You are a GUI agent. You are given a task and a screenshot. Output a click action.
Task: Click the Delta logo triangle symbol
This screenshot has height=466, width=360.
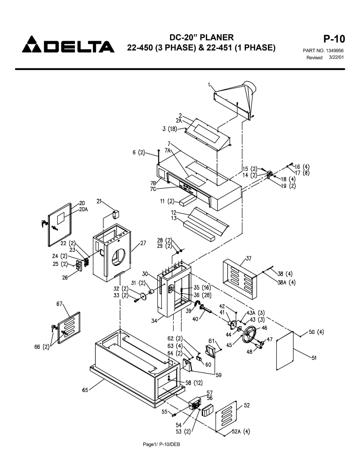click(32, 44)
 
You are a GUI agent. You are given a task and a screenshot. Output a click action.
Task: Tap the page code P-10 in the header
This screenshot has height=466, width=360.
click(334, 39)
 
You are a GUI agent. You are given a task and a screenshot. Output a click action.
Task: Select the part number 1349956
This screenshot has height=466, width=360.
click(335, 50)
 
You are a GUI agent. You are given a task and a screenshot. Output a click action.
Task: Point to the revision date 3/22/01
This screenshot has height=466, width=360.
click(336, 57)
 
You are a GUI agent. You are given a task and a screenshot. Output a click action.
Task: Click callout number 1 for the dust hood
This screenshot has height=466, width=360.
click(209, 85)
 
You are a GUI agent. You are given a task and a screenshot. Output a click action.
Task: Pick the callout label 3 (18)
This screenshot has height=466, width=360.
click(170, 129)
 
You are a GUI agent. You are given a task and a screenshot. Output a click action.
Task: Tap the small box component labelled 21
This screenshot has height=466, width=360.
click(116, 214)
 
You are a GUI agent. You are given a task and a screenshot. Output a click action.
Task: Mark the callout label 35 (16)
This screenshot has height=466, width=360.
click(202, 288)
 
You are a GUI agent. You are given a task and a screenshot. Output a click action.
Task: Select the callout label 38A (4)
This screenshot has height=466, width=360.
click(287, 282)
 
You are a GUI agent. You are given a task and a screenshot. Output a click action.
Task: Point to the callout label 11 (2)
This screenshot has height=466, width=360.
click(167, 202)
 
